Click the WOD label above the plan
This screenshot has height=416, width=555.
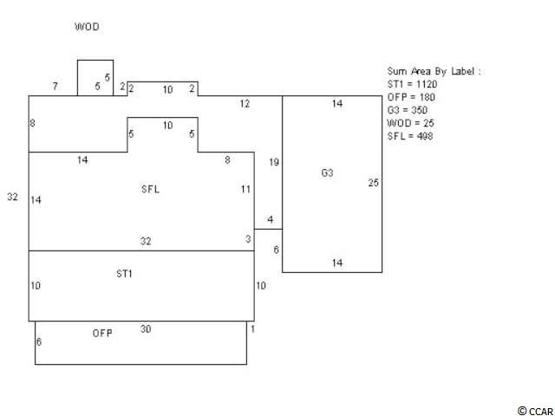click(88, 27)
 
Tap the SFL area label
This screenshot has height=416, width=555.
click(151, 188)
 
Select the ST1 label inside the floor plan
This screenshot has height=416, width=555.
click(125, 274)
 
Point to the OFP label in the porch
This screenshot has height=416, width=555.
click(102, 333)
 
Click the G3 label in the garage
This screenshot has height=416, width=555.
click(327, 173)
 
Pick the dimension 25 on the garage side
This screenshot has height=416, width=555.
click(374, 183)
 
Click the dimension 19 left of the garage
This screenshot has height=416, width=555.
click(273, 162)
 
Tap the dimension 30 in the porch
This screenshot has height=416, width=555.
click(146, 329)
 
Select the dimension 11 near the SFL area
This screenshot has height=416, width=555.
click(246, 189)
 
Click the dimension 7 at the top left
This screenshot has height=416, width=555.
click(55, 87)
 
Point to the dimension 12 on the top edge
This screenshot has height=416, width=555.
click(245, 104)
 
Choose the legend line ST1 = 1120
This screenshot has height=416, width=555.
click(412, 85)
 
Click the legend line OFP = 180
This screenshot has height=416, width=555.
click(411, 98)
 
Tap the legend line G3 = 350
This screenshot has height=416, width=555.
click(408, 111)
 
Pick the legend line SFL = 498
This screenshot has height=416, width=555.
click(409, 137)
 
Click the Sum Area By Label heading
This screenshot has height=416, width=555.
click(433, 72)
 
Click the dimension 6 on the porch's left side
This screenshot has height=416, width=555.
click(38, 342)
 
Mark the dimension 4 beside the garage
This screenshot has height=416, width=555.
click(271, 220)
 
